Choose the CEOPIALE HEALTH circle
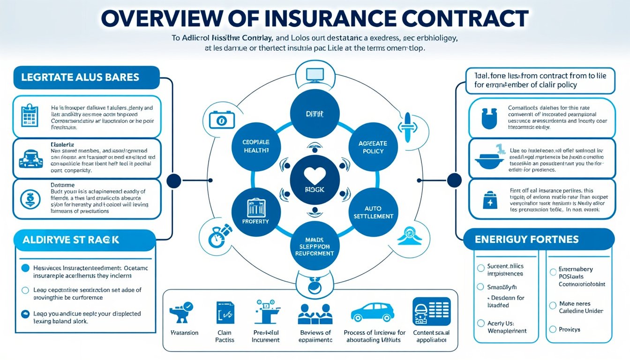click(x=256, y=146)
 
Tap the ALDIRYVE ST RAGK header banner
click(x=70, y=240)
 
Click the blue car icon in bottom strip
click(x=372, y=312)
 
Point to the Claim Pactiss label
click(x=225, y=336)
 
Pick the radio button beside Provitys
click(x=553, y=329)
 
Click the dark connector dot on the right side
click(x=454, y=180)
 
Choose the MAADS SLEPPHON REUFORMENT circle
click(x=315, y=247)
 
